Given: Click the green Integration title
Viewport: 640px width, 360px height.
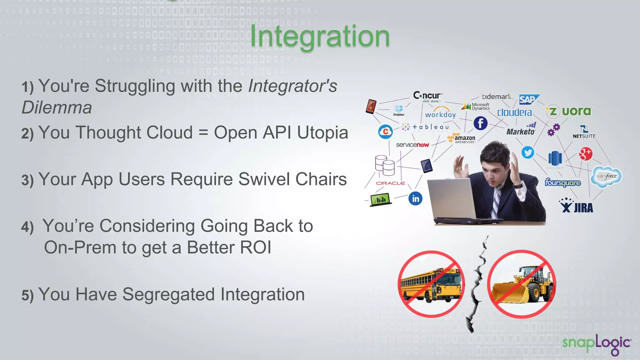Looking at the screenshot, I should click(x=320, y=37).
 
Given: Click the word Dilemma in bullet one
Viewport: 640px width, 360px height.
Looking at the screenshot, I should click(x=57, y=107).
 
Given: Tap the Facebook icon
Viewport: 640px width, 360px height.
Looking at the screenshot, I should click(x=480, y=123).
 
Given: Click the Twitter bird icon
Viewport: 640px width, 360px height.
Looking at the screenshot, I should click(x=528, y=152).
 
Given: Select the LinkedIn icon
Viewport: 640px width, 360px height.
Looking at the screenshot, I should click(x=415, y=198).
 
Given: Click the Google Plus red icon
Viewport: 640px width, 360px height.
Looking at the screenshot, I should click(x=585, y=153).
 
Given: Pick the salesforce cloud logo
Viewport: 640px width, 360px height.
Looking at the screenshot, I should click(x=606, y=177).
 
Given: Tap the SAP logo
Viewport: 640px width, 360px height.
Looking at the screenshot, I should click(x=529, y=99).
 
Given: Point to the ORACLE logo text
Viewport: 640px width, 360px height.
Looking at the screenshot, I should click(x=390, y=183).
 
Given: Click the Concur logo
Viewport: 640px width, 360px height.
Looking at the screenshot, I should click(x=427, y=96).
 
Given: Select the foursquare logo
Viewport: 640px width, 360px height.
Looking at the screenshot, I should click(x=562, y=182).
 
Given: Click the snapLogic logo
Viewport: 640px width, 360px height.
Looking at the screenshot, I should click(x=596, y=344).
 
